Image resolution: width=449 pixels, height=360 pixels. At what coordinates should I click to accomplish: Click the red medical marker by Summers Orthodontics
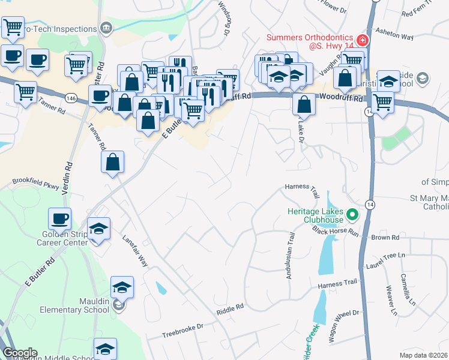click(362, 41)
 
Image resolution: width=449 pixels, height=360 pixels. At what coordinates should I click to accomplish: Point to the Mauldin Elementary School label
click(74, 305)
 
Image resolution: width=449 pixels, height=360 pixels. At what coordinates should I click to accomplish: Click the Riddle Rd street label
click(230, 307)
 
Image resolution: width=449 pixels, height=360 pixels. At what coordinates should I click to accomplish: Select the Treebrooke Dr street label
click(184, 329)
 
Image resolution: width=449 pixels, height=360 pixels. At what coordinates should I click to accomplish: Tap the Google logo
click(20, 353)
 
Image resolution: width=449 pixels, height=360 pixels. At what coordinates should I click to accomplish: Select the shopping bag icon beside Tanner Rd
click(113, 162)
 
